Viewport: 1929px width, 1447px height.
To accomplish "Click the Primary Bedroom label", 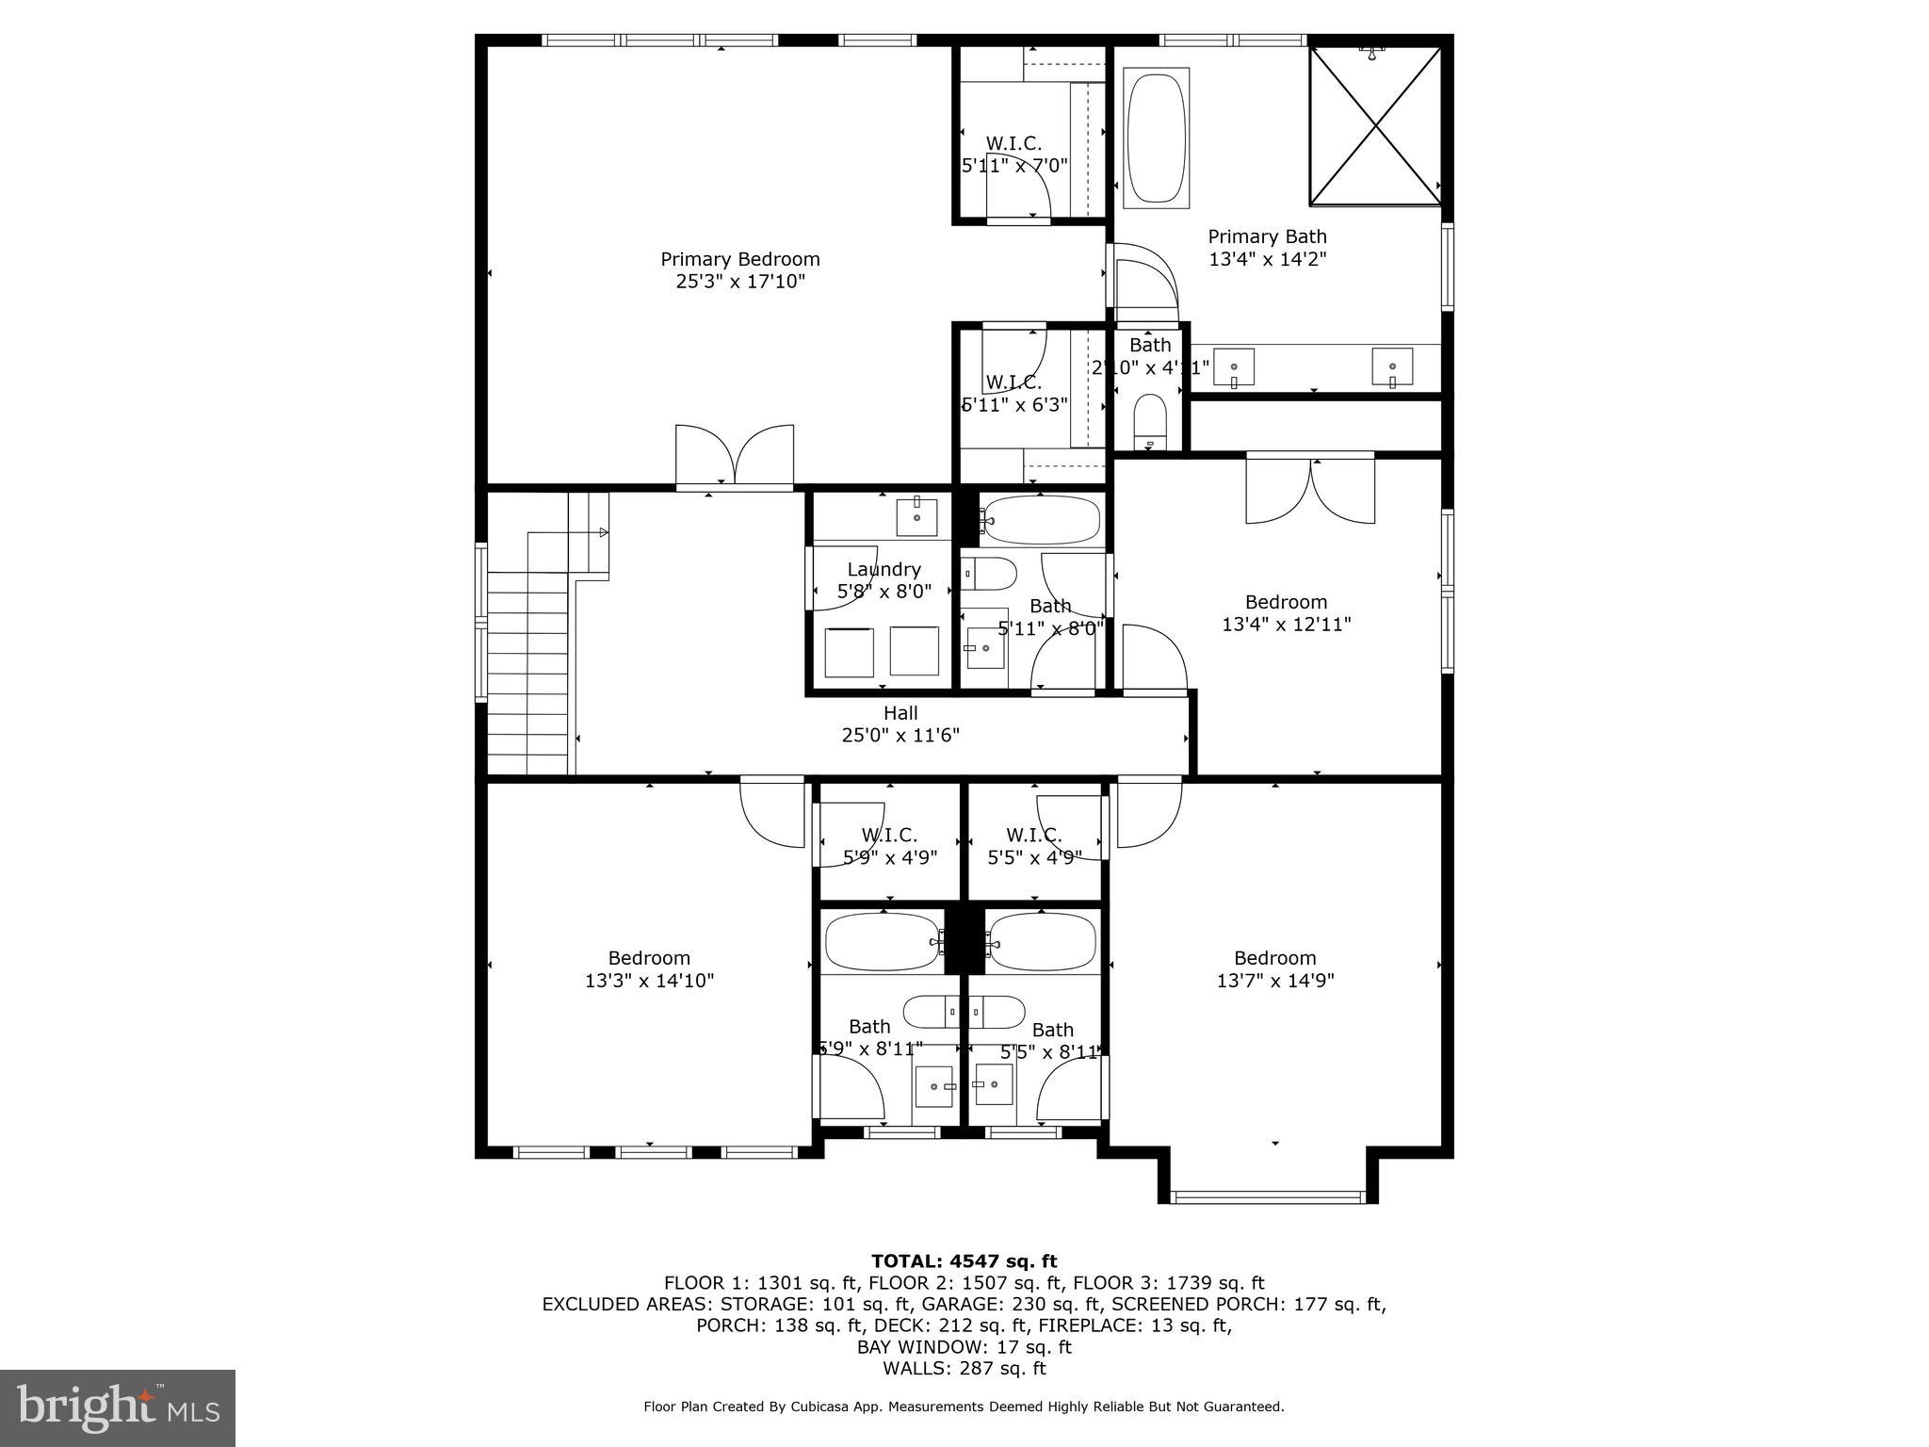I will [x=740, y=270].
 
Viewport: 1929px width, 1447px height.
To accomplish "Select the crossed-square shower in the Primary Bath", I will [x=1376, y=125].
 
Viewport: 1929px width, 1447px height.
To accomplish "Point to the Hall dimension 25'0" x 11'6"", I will [x=900, y=736].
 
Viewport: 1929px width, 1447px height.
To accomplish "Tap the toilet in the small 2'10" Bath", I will [x=1149, y=421].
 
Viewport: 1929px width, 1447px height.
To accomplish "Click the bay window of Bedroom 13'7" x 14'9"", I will [x=1268, y=1196].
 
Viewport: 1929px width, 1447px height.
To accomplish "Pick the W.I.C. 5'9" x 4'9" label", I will [x=889, y=846].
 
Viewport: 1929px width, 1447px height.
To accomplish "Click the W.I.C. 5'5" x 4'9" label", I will [x=1034, y=846].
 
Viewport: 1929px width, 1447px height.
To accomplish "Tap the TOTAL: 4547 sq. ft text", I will [x=964, y=1261].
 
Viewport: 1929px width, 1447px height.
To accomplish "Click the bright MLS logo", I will [x=118, y=1408].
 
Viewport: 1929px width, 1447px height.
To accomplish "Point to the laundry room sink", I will [x=916, y=517].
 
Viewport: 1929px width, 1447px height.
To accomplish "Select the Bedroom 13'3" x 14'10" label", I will [x=649, y=969].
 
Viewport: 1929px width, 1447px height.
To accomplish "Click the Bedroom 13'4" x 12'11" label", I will [x=1286, y=612].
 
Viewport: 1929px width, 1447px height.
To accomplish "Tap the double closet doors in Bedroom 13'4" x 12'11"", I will [x=1310, y=490].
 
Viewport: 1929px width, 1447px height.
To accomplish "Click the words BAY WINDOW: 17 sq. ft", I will [x=964, y=1347].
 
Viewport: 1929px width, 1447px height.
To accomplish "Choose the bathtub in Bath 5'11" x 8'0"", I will [x=1041, y=520].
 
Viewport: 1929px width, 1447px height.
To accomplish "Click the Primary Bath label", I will [x=1267, y=248].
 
